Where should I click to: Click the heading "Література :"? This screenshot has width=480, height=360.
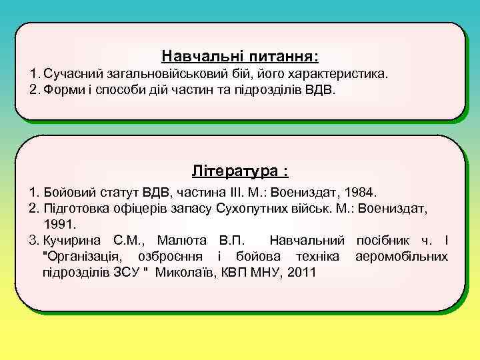[239, 171]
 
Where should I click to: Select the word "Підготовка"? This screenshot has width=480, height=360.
[75, 209]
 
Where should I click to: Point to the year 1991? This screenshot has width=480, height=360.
[60, 224]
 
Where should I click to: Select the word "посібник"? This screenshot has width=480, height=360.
[387, 240]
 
